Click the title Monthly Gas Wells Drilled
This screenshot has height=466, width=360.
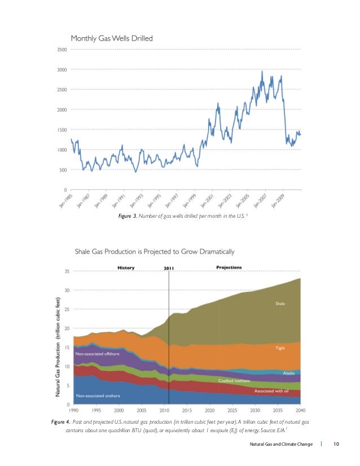(112, 38)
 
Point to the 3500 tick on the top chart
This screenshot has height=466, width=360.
(62, 50)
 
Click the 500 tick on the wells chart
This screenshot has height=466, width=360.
(63, 170)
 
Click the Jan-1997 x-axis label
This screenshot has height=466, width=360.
(176, 200)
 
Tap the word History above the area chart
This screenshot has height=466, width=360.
(125, 267)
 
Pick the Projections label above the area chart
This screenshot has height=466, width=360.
(229, 267)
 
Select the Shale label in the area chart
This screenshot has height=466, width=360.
(280, 304)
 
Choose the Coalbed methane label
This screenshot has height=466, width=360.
(235, 381)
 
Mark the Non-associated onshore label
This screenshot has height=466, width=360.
(99, 395)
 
